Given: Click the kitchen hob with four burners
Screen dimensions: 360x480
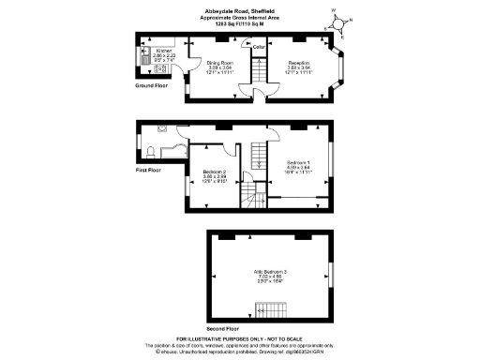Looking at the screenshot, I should click(x=145, y=69).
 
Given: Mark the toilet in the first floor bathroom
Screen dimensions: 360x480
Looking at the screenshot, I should click(x=150, y=153).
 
